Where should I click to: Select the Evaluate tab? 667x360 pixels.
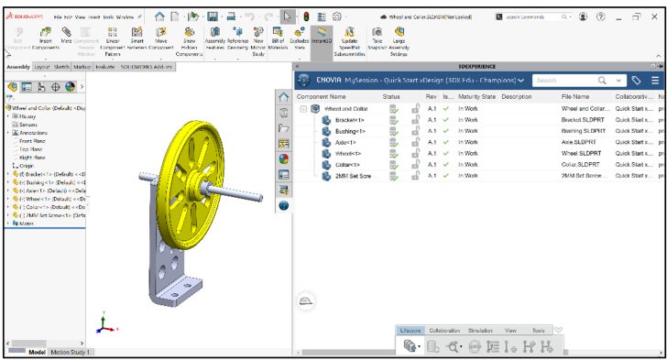pyautogui.click(x=104, y=67)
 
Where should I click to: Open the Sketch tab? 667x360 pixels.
pyautogui.click(x=61, y=67)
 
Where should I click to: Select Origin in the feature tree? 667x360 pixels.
pyautogui.click(x=25, y=165)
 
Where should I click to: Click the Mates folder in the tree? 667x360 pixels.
pyautogui.click(x=25, y=223)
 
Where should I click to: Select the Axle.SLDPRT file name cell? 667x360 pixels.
pyautogui.click(x=582, y=142)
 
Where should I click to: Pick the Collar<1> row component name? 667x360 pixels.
pyautogui.click(x=346, y=164)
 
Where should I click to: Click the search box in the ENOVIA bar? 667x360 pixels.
pyautogui.click(x=561, y=81)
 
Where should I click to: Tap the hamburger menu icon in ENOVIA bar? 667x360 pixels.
pyautogui.click(x=654, y=81)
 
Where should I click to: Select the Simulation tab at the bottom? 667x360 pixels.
pyautogui.click(x=479, y=330)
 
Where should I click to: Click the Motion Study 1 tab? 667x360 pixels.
pyautogui.click(x=71, y=352)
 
